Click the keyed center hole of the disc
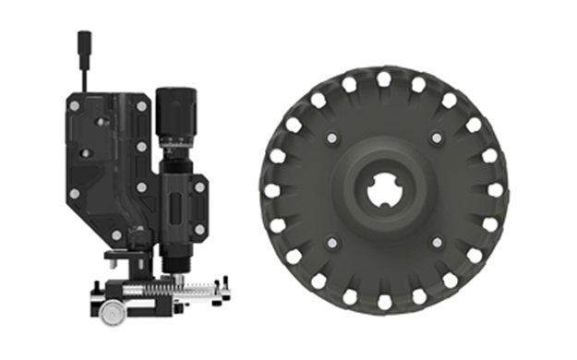[382, 191]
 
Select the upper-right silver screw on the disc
[436, 139]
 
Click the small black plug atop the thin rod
[84, 42]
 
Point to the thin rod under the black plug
[84, 74]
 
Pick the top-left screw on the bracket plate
[73, 107]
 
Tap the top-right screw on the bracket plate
[141, 106]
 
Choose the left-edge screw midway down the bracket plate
[73, 195]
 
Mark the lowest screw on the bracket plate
[116, 234]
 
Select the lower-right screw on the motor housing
[198, 228]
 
